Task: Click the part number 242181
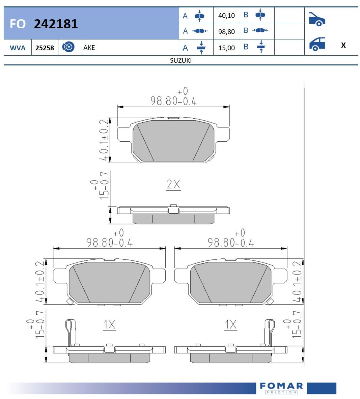(56, 24)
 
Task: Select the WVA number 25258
(45, 48)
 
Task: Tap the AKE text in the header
(89, 48)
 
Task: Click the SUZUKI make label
(181, 60)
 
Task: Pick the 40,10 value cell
(226, 16)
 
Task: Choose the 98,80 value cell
(226, 32)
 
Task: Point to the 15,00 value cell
(226, 48)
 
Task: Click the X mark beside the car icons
(343, 45)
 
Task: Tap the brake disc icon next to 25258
(68, 47)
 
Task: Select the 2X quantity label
(173, 184)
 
